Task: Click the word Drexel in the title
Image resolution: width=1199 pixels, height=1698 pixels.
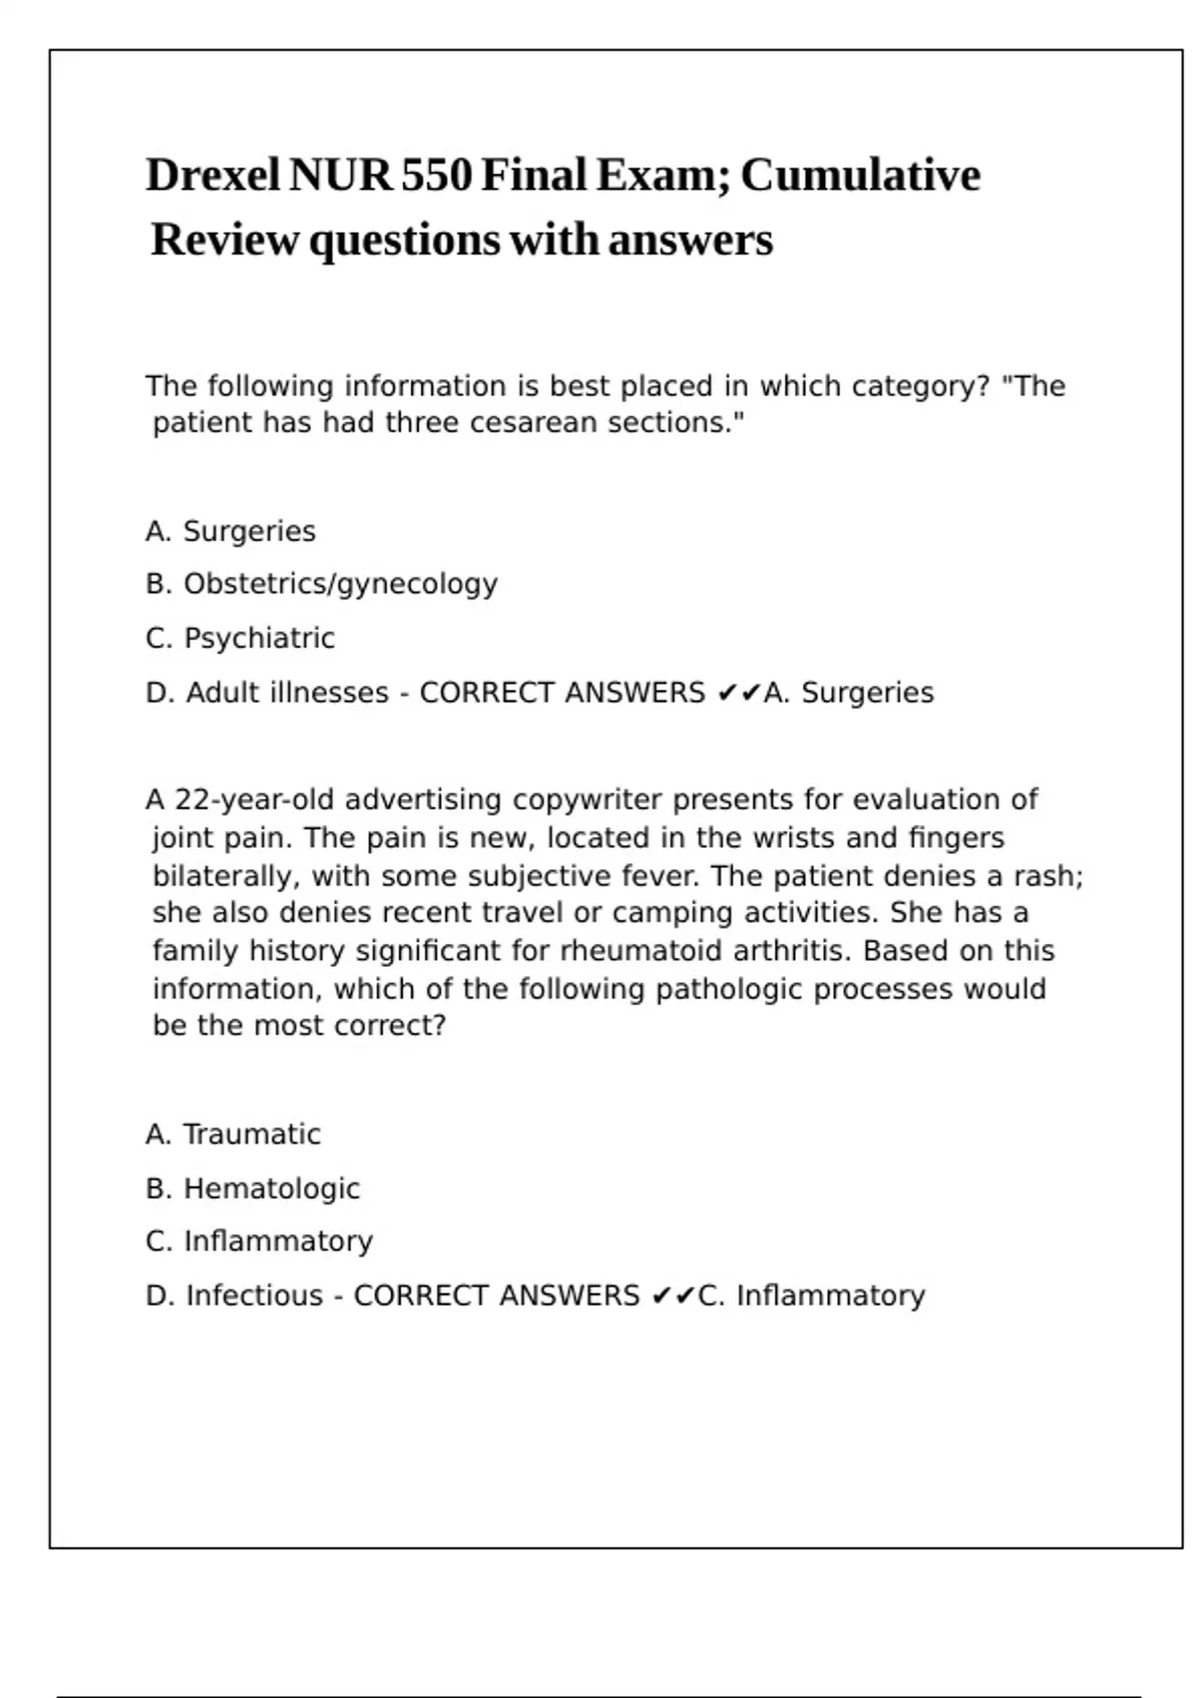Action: [x=213, y=176]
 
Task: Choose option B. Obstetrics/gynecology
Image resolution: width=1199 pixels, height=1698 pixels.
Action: [x=321, y=584]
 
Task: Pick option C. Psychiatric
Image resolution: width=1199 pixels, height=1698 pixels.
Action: [x=240, y=638]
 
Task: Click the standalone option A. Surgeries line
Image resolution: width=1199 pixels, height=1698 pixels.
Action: [x=230, y=531]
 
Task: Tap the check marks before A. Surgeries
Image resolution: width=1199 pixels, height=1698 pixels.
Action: [x=739, y=693]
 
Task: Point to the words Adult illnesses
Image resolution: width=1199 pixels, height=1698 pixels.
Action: [x=287, y=693]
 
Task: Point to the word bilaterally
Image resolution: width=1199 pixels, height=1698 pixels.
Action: [x=226, y=877]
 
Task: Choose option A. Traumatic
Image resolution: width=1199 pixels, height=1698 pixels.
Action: [x=233, y=1135]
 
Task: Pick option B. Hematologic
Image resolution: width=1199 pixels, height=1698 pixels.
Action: [x=252, y=1189]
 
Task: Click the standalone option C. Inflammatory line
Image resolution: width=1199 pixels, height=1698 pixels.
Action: [x=259, y=1242]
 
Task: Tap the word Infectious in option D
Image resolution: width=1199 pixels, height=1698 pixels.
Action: [x=254, y=1295]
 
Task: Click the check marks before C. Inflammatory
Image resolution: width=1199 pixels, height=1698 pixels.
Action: [x=673, y=1296]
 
